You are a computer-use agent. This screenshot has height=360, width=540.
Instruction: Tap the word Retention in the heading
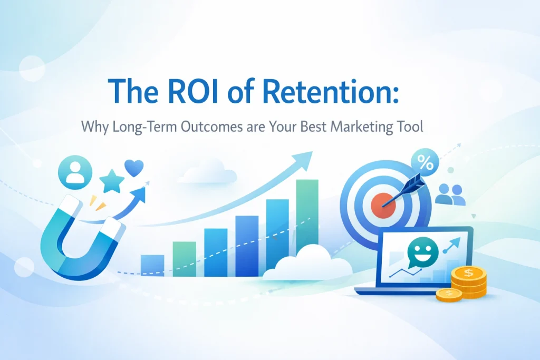pyautogui.click(x=331, y=91)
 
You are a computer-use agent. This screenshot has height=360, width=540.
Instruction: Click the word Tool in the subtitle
pyautogui.click(x=409, y=126)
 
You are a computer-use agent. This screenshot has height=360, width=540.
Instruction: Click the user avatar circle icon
pyautogui.click(x=75, y=172)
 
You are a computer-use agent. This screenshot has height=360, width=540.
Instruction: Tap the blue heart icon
pyautogui.click(x=134, y=168)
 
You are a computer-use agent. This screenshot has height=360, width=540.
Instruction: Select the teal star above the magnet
pyautogui.click(x=112, y=181)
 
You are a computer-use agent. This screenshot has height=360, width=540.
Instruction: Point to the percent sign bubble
pyautogui.click(x=425, y=162)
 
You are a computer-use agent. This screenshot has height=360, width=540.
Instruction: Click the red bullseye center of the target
pyautogui.click(x=383, y=205)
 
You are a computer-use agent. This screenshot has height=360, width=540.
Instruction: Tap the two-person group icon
pyautogui.click(x=450, y=194)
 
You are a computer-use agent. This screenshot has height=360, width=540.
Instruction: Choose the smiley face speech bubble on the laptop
pyautogui.click(x=422, y=252)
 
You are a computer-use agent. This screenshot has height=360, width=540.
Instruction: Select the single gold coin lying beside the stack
pyautogui.click(x=449, y=294)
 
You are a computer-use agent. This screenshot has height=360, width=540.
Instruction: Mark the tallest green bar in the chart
pyautogui.click(x=307, y=217)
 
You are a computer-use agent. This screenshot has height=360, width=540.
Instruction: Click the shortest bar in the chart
pyautogui.click(x=152, y=265)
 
